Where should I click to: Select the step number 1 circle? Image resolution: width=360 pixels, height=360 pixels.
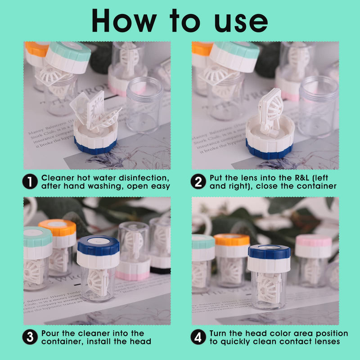[x=29, y=181]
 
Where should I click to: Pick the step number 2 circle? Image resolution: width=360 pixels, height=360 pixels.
[x=198, y=181]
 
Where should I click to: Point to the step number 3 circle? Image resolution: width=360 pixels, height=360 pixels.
[x=29, y=337]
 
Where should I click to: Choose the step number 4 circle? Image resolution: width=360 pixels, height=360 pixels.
[x=198, y=337]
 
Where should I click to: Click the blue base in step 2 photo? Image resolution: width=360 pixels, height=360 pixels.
[x=269, y=151]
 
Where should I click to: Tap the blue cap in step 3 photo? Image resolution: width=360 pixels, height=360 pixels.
[x=98, y=245]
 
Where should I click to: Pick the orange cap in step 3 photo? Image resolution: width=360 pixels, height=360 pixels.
[x=57, y=227]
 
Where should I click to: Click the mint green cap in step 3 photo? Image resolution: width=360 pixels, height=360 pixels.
[x=37, y=237]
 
